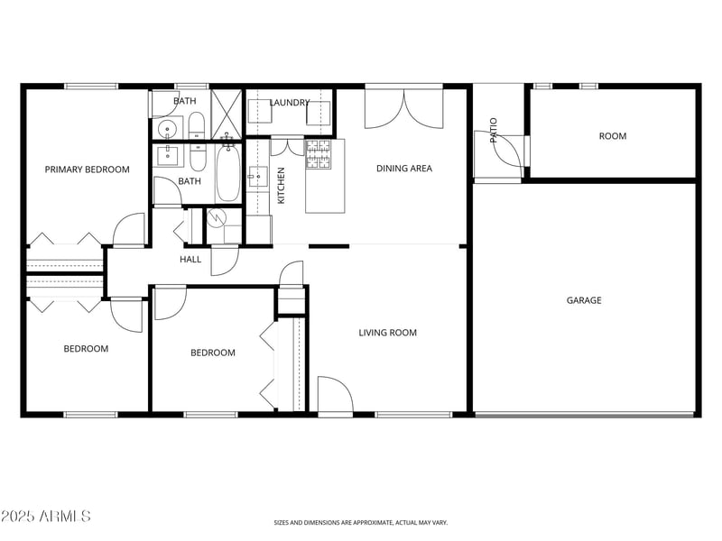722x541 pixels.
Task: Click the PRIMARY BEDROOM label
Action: click(88, 170)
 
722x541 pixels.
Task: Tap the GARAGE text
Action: click(584, 300)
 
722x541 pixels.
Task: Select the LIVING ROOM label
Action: click(388, 333)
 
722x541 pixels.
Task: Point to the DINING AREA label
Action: click(404, 169)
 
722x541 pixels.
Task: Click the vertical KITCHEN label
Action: click(282, 185)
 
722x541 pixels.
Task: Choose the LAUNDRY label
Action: click(290, 103)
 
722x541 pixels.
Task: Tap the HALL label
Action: click(190, 260)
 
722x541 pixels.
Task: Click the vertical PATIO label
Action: click(494, 131)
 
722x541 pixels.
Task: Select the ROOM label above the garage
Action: click(613, 136)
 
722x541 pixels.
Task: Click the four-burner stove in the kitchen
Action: click(319, 154)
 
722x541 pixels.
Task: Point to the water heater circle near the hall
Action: click(216, 217)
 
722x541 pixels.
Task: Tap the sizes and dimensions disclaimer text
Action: click(361, 522)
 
